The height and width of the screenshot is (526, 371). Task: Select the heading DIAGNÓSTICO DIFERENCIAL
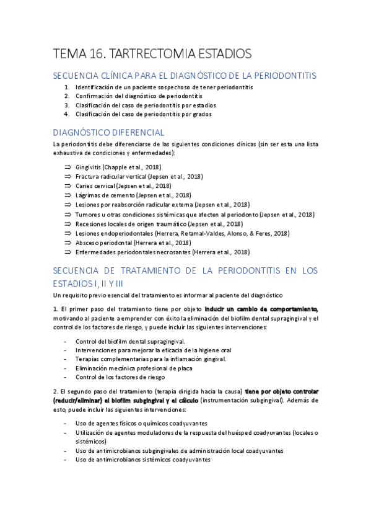(108, 132)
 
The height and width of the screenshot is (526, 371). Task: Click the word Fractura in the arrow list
(89, 177)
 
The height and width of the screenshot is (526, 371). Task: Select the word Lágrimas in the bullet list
(89, 195)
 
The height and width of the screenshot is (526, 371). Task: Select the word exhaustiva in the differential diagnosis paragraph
(69, 153)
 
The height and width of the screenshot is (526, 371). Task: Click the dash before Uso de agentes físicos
(66, 423)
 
